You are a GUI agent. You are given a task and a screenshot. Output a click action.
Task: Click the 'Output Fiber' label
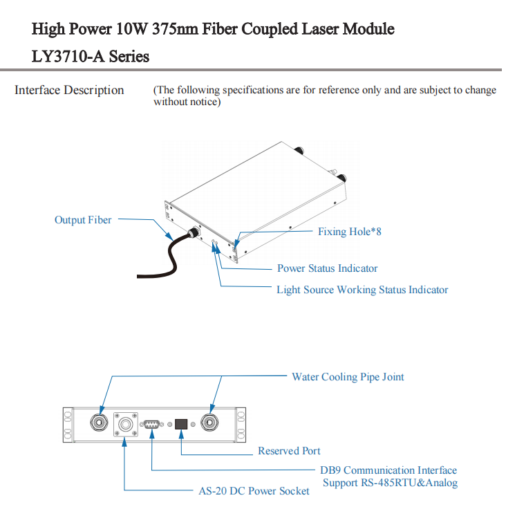83,220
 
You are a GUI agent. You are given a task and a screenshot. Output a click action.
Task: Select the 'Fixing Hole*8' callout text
349,232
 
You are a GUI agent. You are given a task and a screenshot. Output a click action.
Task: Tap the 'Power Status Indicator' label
327,268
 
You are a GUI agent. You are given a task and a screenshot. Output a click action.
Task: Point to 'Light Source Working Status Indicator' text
362,290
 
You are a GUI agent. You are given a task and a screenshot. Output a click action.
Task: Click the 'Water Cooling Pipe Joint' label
348,377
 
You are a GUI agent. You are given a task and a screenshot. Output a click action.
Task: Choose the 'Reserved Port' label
289,451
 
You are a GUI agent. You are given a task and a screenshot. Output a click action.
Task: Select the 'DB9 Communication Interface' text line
388,470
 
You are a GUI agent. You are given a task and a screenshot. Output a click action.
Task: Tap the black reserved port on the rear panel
181,424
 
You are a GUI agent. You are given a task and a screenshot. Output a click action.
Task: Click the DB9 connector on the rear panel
152,424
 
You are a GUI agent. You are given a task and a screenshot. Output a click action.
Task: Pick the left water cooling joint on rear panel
100,423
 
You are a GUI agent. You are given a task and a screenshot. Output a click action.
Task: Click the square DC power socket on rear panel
126,423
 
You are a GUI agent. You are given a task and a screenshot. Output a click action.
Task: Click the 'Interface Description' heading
69,90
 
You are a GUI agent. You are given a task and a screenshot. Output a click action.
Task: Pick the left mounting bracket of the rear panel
68,423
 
